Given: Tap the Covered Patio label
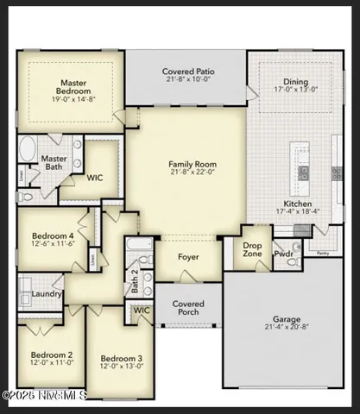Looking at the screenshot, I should [188, 72].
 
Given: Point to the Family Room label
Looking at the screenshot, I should [193, 164].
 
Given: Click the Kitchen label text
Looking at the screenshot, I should [298, 204].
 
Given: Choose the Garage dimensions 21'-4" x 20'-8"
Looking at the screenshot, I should [287, 328].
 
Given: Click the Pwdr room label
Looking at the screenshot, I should [284, 254].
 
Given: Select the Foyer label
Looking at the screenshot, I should [188, 257].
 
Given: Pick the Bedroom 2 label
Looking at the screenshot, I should [51, 354].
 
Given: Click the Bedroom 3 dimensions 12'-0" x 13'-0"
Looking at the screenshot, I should [121, 367].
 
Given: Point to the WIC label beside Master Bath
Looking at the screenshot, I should [94, 179].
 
